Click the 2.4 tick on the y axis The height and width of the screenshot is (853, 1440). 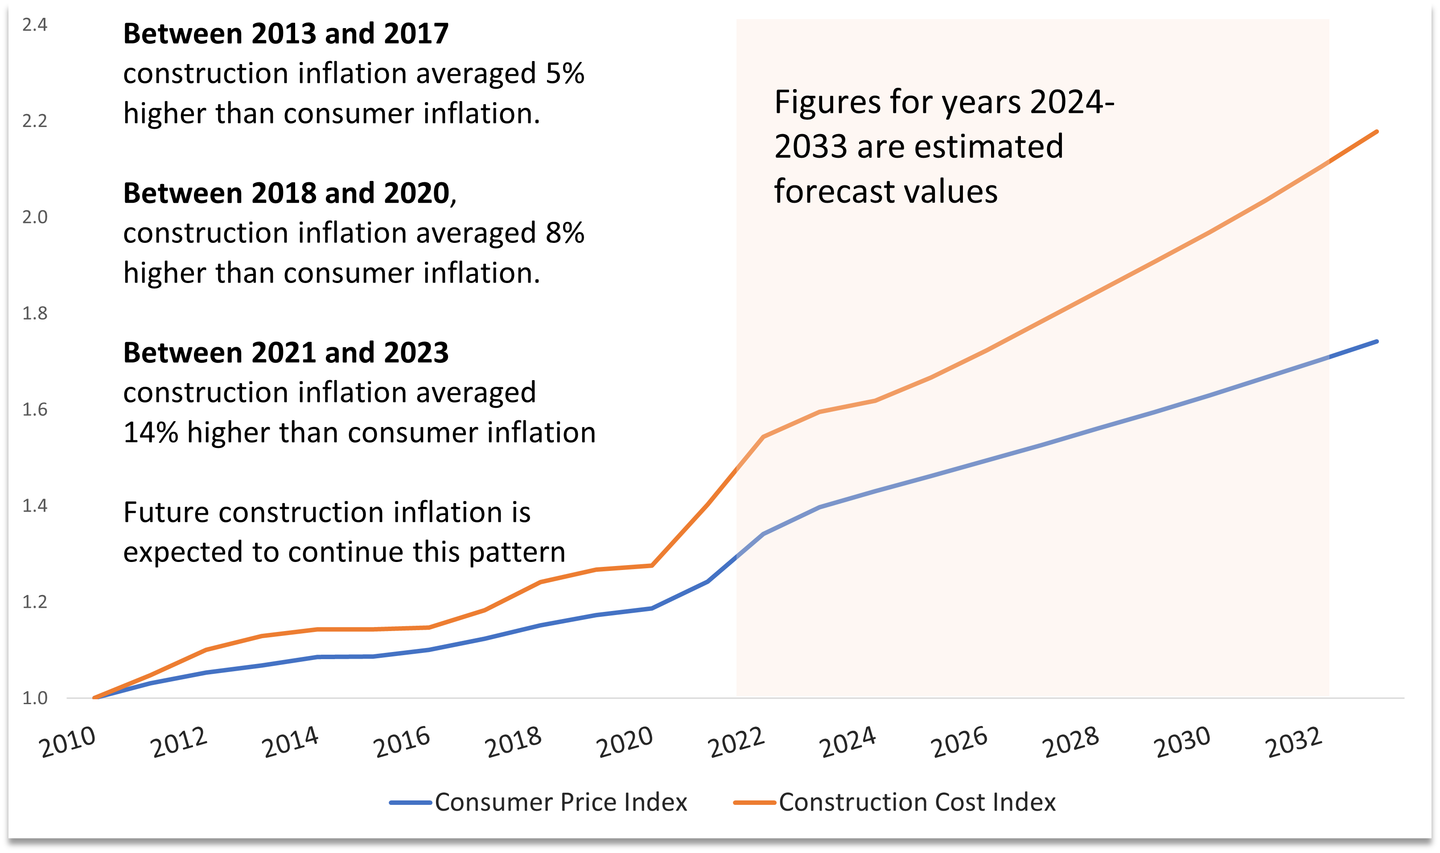pos(34,25)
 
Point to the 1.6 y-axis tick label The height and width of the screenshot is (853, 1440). pos(34,409)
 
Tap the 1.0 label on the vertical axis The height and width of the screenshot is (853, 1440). pos(34,698)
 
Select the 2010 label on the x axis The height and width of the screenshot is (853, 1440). pos(68,742)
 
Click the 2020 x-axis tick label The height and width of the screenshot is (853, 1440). pos(625,742)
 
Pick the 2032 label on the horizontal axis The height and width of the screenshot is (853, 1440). pos(1294,742)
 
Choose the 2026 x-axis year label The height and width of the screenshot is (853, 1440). pos(959,742)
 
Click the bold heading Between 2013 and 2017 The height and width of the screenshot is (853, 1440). pos(286,33)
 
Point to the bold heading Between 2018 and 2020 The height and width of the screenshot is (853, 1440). pos(286,193)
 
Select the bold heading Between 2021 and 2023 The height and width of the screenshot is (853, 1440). pos(286,353)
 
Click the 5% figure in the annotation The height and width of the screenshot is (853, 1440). pos(565,74)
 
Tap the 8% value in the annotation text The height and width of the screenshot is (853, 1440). pos(565,233)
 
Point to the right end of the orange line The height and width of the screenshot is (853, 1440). pos(1377,131)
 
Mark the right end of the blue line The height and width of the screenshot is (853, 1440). pos(1377,341)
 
